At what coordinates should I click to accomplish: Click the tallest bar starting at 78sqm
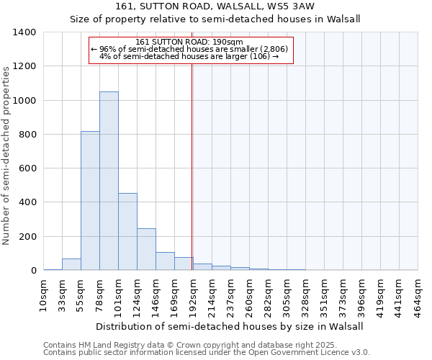point(109,181)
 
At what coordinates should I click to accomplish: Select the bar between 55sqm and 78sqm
point(90,201)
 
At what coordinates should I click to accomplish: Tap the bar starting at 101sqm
point(127,231)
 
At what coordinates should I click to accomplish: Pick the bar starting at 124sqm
point(146,249)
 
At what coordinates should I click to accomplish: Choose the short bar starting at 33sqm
point(71,264)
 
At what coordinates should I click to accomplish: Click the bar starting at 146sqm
point(165,261)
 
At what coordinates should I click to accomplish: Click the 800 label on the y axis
point(27,135)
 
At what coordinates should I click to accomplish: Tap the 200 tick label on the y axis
point(27,237)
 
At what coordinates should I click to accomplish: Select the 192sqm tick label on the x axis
point(192,294)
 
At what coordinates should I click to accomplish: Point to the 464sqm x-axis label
point(418,294)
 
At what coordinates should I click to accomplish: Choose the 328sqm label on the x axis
point(305,294)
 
